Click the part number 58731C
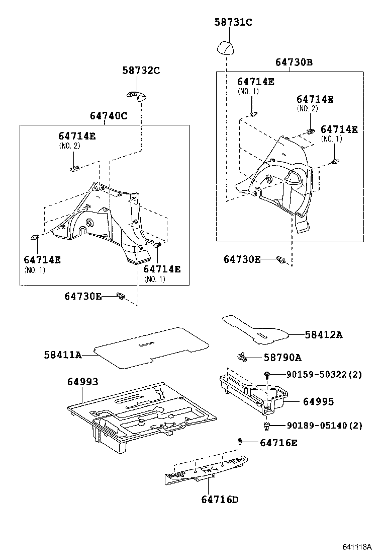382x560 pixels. [233, 22]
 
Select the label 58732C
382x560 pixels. [141, 71]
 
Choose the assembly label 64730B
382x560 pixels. [294, 62]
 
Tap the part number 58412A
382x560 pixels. [323, 334]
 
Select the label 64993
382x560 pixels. [82, 382]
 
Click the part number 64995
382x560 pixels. [318, 402]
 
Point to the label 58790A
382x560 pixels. [282, 358]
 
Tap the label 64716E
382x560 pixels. [278, 443]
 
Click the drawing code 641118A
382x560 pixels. [357, 547]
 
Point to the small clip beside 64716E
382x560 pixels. [241, 442]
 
